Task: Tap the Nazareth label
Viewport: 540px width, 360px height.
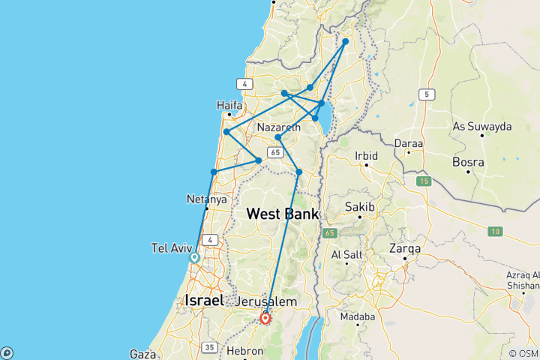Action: tap(278, 127)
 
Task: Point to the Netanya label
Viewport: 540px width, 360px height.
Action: tap(205, 199)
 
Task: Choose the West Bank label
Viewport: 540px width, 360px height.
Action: tap(282, 214)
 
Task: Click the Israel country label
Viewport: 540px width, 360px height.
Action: tap(204, 300)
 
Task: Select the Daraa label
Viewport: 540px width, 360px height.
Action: tap(408, 142)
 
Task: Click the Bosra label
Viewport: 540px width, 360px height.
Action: tap(468, 160)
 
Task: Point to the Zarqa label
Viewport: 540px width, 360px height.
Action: tap(405, 247)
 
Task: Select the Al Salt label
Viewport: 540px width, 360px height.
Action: tap(346, 254)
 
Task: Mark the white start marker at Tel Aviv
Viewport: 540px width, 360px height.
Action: tap(194, 257)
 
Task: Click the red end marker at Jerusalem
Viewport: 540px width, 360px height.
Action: tap(265, 318)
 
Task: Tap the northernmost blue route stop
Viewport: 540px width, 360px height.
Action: tap(346, 42)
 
